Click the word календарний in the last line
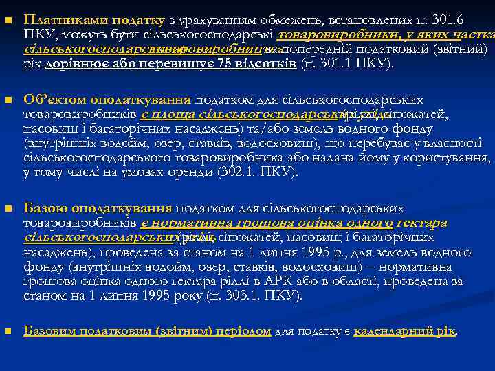click(394, 330)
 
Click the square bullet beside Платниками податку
click(8, 19)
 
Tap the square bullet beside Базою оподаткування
click(8, 209)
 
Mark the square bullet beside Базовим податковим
click(8, 331)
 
